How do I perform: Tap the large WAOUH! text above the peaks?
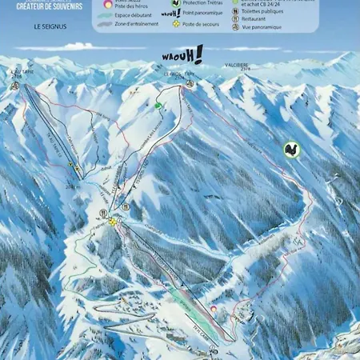182,56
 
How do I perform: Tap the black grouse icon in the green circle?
292,149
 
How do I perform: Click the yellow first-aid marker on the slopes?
113,222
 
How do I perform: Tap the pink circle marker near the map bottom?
213,308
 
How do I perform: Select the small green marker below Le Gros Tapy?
158,105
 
